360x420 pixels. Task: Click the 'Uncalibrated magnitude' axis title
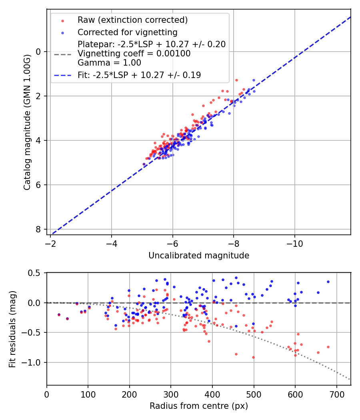pyautogui.click(x=199, y=256)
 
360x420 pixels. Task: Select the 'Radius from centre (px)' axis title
pyautogui.click(x=199, y=406)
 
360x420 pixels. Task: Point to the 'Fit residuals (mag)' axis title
pyautogui.click(x=12, y=329)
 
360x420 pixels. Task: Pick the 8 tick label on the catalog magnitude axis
pyautogui.click(x=38, y=229)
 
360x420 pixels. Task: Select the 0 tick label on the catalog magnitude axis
pyautogui.click(x=38, y=52)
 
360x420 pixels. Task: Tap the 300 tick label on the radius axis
pyautogui.click(x=171, y=394)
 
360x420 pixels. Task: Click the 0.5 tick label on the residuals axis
pyautogui.click(x=36, y=273)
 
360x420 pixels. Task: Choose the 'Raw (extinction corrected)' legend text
pyautogui.click(x=132, y=20)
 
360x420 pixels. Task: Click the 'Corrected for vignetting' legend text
pyautogui.click(x=128, y=32)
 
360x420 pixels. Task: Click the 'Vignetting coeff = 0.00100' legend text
pyautogui.click(x=134, y=54)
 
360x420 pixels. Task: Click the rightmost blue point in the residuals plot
pyautogui.click(x=328, y=282)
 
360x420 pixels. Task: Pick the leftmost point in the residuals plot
pyautogui.click(x=59, y=315)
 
